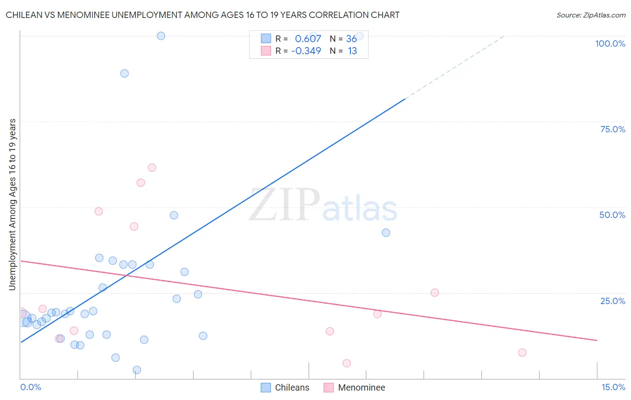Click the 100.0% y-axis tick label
click(x=610, y=43)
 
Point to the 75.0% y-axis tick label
click(x=613, y=129)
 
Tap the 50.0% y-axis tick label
click(x=612, y=215)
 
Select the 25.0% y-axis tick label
click(x=613, y=301)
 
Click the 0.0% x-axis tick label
click(x=31, y=387)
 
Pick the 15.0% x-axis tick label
click(x=613, y=387)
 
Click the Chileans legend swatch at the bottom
click(x=266, y=387)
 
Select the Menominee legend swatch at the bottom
click(x=329, y=387)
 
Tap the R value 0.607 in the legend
click(x=308, y=39)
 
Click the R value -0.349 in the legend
click(x=306, y=51)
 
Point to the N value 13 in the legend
click(x=352, y=51)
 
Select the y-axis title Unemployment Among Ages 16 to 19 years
click(x=12, y=204)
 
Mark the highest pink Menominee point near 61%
click(x=152, y=168)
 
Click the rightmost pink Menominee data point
click(x=522, y=352)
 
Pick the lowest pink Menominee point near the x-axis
click(x=346, y=363)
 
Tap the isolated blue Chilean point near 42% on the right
click(x=386, y=233)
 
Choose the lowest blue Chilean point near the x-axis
click(x=137, y=370)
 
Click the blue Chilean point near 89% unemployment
click(x=124, y=74)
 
